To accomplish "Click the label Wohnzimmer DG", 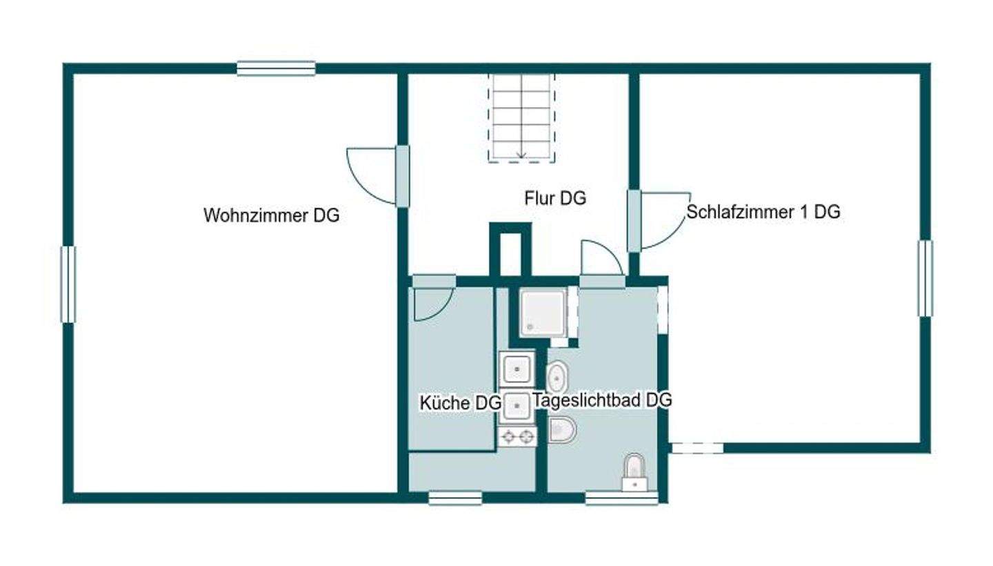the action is pyautogui.click(x=271, y=215).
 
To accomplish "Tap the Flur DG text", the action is pyautogui.click(x=554, y=199).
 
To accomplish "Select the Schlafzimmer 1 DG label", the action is pyautogui.click(x=763, y=212).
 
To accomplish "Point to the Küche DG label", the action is pyautogui.click(x=460, y=403).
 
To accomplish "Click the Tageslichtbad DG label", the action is pyautogui.click(x=602, y=400).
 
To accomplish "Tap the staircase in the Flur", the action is pyautogui.click(x=521, y=117).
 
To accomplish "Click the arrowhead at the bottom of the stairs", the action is pyautogui.click(x=521, y=155).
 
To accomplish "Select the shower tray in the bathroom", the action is pyautogui.click(x=543, y=313).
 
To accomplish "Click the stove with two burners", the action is pyautogui.click(x=517, y=436).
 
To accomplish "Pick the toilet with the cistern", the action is pyautogui.click(x=634, y=473).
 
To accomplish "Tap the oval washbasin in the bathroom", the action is pyautogui.click(x=556, y=378).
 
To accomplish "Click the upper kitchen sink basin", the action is pyautogui.click(x=516, y=367).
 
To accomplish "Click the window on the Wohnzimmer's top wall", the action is pyautogui.click(x=276, y=68).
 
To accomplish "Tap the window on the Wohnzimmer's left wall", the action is pyautogui.click(x=68, y=284).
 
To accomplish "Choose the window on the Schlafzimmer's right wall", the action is pyautogui.click(x=925, y=278).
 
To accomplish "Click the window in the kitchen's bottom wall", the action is pyautogui.click(x=454, y=498).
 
